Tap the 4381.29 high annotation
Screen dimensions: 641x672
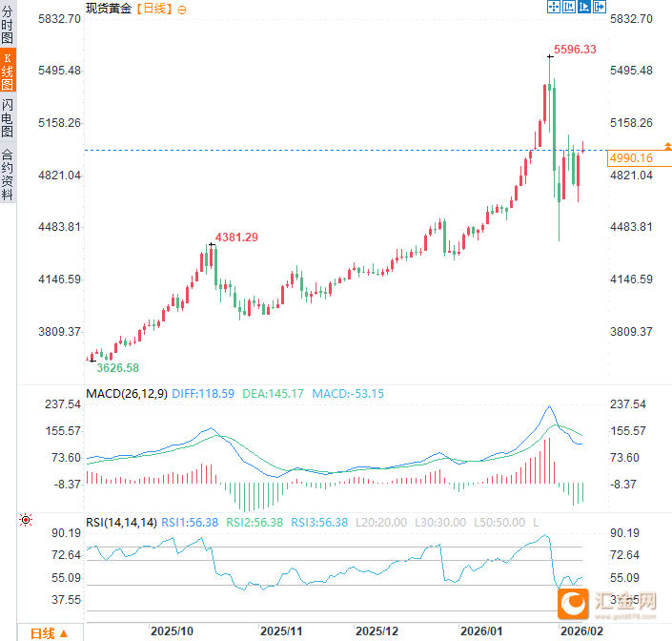pos(236,237)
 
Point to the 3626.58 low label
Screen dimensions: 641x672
pos(118,367)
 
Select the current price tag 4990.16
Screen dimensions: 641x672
pos(630,158)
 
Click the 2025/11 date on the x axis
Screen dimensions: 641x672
pos(282,631)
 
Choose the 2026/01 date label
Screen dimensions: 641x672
pos(481,631)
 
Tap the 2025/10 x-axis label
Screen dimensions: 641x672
pos(173,631)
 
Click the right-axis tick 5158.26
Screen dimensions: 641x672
pos(630,123)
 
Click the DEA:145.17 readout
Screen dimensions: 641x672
pos(274,393)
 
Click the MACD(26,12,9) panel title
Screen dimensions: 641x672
pos(126,393)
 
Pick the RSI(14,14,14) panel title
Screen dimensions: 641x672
pos(121,522)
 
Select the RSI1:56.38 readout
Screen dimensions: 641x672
pos(190,522)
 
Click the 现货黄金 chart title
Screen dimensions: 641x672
pos(108,9)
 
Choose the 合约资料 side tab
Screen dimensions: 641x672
pos(8,173)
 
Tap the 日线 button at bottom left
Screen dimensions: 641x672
pos(48,632)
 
